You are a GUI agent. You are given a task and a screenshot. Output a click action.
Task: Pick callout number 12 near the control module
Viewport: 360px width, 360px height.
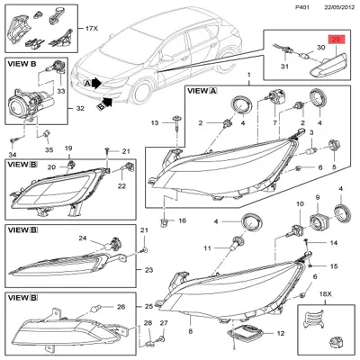click(x=281, y=333)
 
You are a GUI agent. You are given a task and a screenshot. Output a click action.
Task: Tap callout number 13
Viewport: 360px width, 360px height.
click(x=154, y=122)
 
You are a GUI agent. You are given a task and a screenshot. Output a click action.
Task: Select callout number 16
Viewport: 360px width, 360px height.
click(x=181, y=220)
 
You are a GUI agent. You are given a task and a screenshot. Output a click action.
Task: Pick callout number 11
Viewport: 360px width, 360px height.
click(x=208, y=247)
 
